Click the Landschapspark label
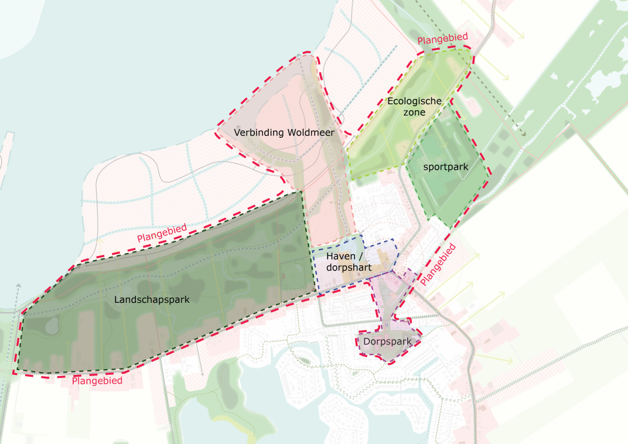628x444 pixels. [152, 299]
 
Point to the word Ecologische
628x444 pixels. [414, 101]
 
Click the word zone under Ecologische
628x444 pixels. [414, 112]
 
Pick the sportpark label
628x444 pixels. [446, 167]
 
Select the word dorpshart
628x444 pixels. [349, 268]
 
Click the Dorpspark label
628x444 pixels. [384, 341]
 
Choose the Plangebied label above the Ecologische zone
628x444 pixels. [442, 39]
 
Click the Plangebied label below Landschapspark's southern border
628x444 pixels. [97, 381]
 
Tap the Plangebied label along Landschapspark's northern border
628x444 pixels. [162, 233]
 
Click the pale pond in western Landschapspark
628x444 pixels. [51, 324]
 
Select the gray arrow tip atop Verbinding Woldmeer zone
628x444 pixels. [299, 54]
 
